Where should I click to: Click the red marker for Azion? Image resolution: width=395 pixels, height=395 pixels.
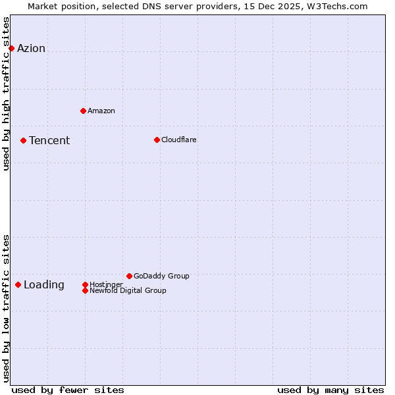click(11, 48)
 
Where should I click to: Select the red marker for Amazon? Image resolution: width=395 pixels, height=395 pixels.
click(83, 111)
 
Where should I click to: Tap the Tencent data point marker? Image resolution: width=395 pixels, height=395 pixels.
click(23, 140)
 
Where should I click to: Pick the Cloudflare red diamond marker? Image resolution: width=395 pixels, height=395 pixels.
click(157, 140)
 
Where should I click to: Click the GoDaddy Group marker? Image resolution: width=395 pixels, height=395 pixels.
click(129, 276)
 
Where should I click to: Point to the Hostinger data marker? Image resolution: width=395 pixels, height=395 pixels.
click(85, 284)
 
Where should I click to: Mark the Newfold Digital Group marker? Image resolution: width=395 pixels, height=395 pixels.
click(85, 290)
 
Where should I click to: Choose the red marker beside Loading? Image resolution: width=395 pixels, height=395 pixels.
click(18, 284)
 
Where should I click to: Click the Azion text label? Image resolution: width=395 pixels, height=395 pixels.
click(31, 48)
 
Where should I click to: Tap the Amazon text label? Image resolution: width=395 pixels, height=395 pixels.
click(101, 111)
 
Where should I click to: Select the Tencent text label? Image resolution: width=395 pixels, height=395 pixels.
click(49, 140)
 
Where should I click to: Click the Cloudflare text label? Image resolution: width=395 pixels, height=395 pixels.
click(178, 140)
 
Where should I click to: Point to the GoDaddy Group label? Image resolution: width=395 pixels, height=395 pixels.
click(161, 276)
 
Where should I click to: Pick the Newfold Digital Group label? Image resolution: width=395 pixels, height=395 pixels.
click(128, 290)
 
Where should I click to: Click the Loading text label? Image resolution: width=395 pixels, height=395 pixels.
click(44, 284)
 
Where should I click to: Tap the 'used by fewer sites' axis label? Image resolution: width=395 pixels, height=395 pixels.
click(68, 390)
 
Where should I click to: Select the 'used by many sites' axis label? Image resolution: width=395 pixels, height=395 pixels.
click(330, 390)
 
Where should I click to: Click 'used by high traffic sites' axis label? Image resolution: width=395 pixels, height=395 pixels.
click(7, 93)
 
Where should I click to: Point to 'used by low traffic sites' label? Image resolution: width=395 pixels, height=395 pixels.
click(7, 308)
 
